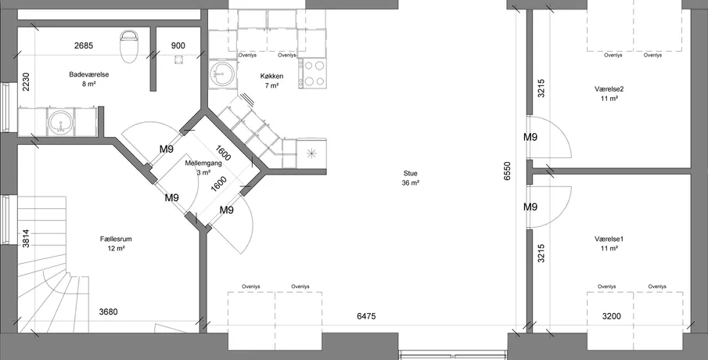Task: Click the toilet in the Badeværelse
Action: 128,46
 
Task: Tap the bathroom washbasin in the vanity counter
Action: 60,122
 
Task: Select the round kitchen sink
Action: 221,73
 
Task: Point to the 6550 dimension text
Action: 507,171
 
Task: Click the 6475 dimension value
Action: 366,316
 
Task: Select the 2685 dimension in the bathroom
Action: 84,45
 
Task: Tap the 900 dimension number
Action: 178,45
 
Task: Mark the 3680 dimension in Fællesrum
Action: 109,311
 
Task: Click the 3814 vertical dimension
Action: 26,239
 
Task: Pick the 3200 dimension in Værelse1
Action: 611,316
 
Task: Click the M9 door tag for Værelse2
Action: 530,137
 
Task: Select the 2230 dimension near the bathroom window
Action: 26,81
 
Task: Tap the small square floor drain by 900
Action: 178,59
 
